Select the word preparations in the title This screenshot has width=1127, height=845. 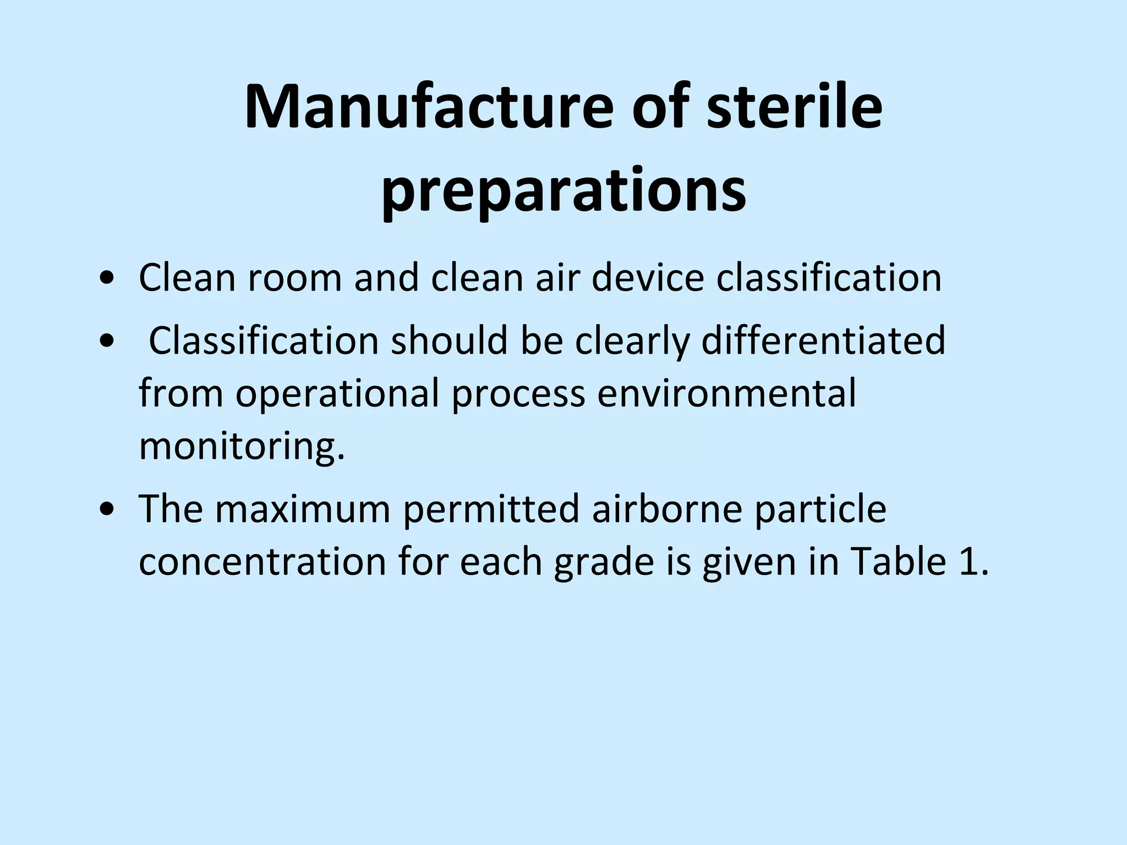click(563, 190)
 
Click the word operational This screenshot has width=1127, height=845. click(337, 393)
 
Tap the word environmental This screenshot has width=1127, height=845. click(726, 393)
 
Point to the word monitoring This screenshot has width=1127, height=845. click(242, 446)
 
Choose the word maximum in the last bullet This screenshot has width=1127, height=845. click(302, 509)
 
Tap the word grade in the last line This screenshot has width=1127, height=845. click(604, 563)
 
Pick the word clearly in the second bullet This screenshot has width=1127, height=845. click(632, 341)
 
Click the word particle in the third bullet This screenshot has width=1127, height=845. click(820, 509)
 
